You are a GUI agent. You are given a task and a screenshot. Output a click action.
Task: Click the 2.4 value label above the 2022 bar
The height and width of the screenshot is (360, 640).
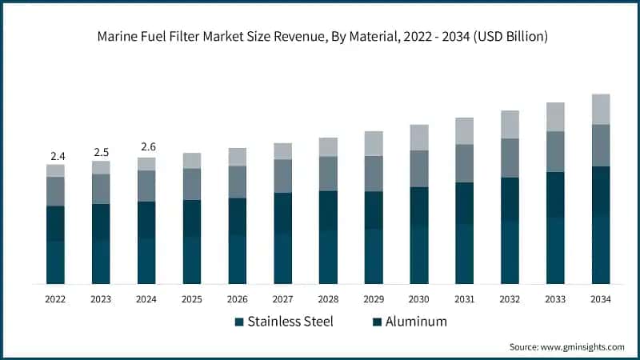tap(55, 155)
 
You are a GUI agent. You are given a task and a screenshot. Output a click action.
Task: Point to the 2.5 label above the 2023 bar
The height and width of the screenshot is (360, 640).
tap(101, 151)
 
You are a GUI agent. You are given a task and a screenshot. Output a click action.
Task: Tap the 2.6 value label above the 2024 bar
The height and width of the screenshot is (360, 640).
tap(146, 147)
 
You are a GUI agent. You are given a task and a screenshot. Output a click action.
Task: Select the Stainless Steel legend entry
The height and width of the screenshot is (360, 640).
tap(283, 322)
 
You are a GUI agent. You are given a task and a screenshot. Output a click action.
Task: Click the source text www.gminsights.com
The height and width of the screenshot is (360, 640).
tap(566, 346)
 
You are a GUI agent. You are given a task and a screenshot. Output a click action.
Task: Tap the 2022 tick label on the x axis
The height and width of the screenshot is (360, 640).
tap(55, 299)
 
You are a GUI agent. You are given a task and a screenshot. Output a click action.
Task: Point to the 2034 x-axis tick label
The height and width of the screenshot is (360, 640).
tap(601, 299)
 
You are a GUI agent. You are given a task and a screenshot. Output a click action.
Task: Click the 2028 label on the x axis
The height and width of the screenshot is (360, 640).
tap(328, 299)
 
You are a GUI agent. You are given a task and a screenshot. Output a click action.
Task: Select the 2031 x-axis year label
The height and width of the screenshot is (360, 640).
tap(464, 299)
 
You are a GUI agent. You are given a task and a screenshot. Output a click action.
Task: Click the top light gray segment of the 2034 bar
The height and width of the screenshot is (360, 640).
tap(601, 110)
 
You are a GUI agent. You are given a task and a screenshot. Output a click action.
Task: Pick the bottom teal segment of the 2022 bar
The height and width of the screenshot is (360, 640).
tap(55, 262)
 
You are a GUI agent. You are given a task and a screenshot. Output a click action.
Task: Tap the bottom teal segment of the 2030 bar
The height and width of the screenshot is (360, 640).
tap(419, 255)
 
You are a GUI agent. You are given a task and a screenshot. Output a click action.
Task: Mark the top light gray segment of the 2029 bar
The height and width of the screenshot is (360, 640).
tap(374, 143)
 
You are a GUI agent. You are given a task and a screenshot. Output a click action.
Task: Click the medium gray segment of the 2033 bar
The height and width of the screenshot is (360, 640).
tap(555, 151)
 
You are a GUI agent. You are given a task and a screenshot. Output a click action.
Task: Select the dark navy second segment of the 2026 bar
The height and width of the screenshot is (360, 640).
tap(237, 217)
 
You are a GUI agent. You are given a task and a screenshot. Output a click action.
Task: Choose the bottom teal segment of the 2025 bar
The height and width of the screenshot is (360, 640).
tap(191, 260)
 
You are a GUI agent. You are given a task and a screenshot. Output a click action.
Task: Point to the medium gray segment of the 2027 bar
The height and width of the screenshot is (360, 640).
tap(282, 176)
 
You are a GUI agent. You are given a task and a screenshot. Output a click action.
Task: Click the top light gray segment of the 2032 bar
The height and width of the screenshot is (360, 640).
tap(510, 125)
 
